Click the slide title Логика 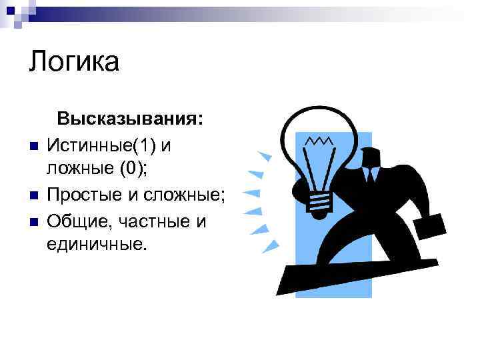pyautogui.click(x=74, y=63)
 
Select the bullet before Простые pyautogui.click(x=32, y=196)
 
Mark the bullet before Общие pyautogui.click(x=32, y=221)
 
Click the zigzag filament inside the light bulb pyautogui.click(x=321, y=141)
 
